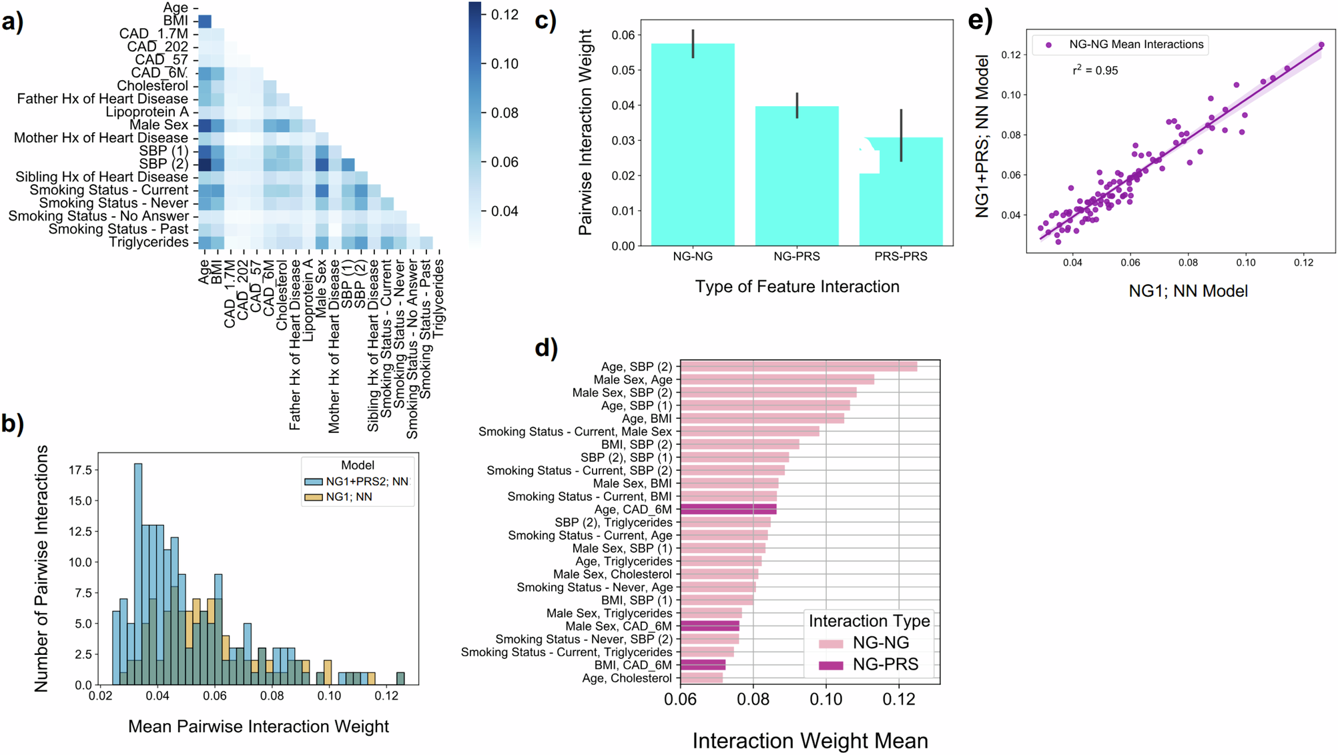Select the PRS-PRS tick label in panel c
(x=900, y=257)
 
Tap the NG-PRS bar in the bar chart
(x=797, y=176)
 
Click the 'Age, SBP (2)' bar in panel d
(x=798, y=366)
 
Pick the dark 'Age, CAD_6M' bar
(x=728, y=510)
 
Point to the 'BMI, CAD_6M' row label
(x=633, y=665)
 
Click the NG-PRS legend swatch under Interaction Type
(x=831, y=665)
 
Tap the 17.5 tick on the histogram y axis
(x=80, y=470)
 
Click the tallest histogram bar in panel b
(x=138, y=574)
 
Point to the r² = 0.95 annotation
(x=1095, y=70)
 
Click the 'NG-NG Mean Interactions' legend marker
(x=1049, y=45)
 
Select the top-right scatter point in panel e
(x=1321, y=45)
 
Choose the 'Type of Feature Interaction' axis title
(x=797, y=287)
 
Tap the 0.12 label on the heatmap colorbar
(x=505, y=15)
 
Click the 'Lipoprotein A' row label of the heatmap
(x=147, y=112)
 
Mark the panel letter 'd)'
(x=546, y=347)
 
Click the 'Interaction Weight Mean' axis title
(x=809, y=740)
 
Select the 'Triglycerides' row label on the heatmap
(x=149, y=242)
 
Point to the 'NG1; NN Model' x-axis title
(x=1188, y=291)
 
